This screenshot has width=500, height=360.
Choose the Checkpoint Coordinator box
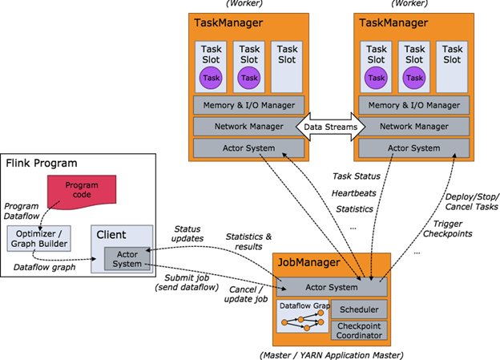(x=359, y=330)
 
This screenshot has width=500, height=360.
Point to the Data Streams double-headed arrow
(x=330, y=127)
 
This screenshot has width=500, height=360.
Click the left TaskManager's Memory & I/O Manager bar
(x=248, y=105)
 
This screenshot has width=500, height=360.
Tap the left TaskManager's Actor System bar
(x=248, y=148)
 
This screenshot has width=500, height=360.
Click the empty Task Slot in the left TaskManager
(x=287, y=66)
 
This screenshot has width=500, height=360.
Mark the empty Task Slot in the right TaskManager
(x=453, y=66)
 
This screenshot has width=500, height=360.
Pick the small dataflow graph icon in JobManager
(x=301, y=319)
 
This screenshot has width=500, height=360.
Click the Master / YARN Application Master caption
(x=331, y=354)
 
